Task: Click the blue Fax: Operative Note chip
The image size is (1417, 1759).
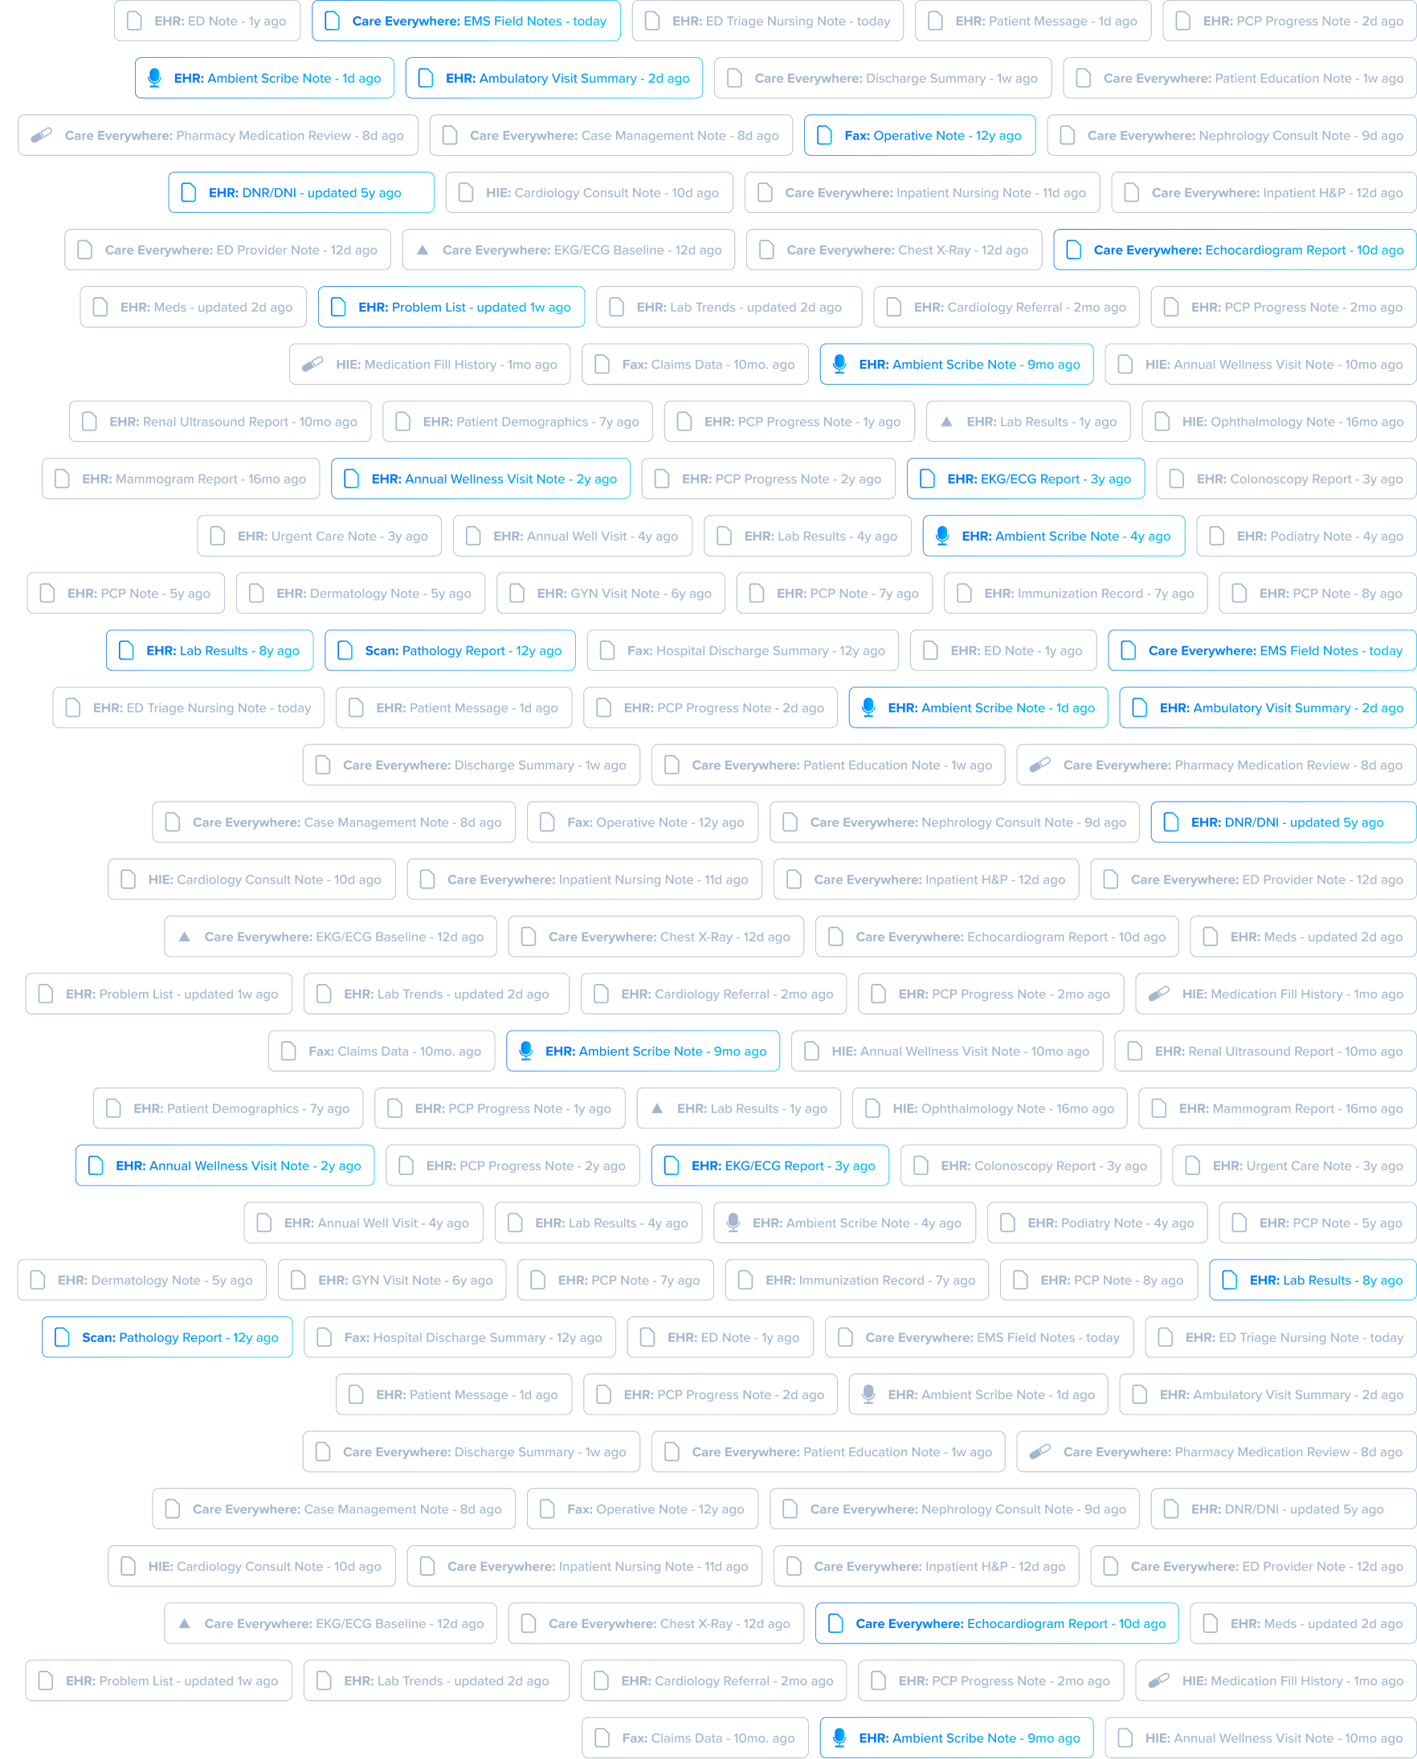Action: (x=919, y=136)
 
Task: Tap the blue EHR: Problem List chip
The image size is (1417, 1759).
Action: (x=451, y=307)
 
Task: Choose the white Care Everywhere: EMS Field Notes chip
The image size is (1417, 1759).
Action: (x=978, y=1338)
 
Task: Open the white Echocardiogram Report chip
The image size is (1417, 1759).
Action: (x=997, y=937)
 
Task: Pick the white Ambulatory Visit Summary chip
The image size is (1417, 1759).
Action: (x=1268, y=1395)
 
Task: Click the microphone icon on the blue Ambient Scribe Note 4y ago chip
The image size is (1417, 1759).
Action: (x=942, y=536)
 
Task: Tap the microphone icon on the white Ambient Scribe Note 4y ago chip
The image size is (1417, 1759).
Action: (x=733, y=1222)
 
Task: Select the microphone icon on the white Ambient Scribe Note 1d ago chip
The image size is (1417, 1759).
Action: (x=868, y=1395)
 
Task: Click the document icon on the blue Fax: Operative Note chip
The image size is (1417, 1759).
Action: (x=824, y=136)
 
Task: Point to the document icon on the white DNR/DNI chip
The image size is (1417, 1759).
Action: (x=1171, y=1509)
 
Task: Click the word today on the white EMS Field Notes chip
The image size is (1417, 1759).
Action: (x=1102, y=1338)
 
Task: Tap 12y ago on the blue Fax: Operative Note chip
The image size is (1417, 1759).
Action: (x=998, y=136)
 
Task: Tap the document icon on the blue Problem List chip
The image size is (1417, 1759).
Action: (x=338, y=307)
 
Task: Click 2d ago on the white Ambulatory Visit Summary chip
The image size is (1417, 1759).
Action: (x=1382, y=1395)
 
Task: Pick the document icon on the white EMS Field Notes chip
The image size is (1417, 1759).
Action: (x=846, y=1338)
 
